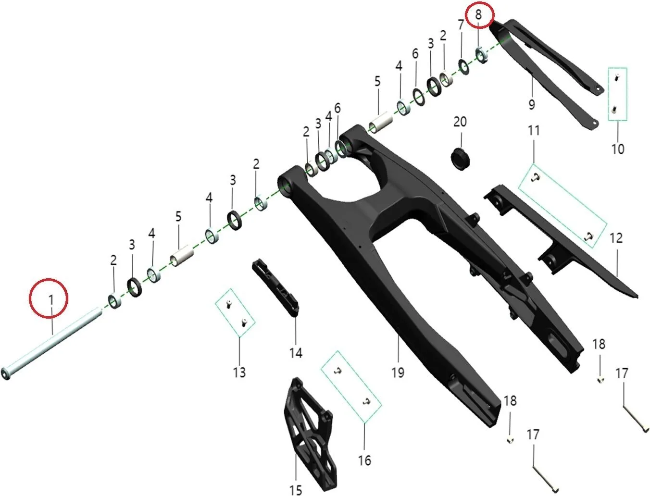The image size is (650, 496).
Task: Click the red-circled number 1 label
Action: tap(51, 299)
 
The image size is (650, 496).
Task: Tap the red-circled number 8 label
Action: tap(478, 14)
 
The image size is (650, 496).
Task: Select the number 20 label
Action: tap(460, 122)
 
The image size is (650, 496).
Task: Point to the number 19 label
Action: tap(398, 372)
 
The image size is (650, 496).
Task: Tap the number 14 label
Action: tap(296, 353)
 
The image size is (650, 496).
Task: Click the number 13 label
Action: tap(239, 372)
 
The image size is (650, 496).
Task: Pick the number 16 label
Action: tap(364, 460)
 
